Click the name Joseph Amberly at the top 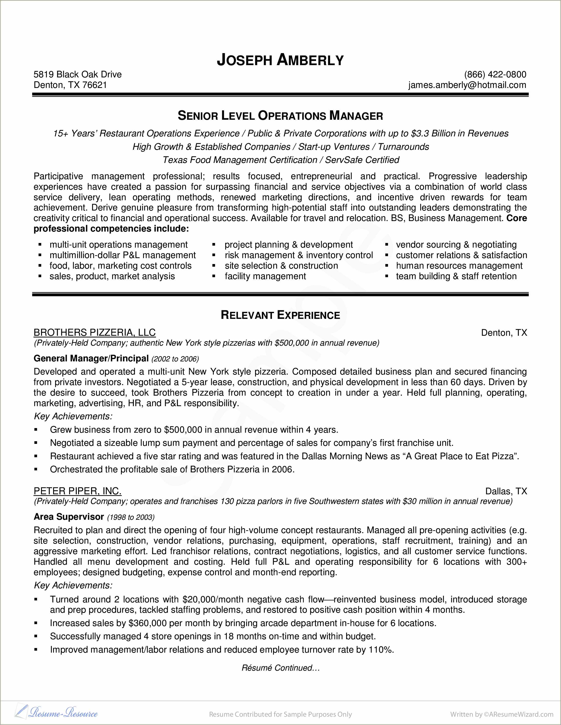[x=280, y=60]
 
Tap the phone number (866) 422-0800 [x=495, y=74]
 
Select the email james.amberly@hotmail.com [x=467, y=85]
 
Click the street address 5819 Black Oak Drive [x=78, y=74]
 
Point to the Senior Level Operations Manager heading [x=280, y=116]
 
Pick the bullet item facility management [x=265, y=276]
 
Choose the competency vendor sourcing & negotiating [x=456, y=245]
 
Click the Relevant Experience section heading [x=280, y=315]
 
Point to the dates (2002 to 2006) [x=175, y=359]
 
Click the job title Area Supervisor [x=69, y=517]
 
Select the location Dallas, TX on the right [x=506, y=491]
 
